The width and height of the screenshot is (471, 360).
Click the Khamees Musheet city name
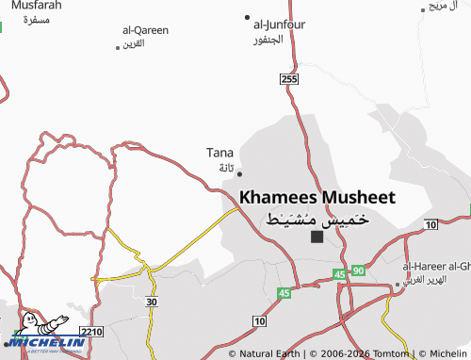click(x=317, y=198)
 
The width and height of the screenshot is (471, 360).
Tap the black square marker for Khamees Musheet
click(x=317, y=237)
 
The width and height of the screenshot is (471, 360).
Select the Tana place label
click(x=219, y=153)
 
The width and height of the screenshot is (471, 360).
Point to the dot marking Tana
click(x=239, y=173)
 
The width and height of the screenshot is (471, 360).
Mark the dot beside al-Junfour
click(x=248, y=18)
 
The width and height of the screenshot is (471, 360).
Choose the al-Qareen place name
click(x=145, y=30)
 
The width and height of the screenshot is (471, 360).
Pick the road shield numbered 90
click(x=358, y=271)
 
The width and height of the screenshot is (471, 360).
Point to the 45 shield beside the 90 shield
click(x=339, y=274)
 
